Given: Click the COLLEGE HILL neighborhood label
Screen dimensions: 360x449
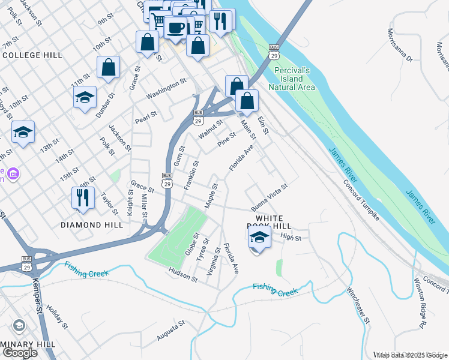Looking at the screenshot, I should (32, 55).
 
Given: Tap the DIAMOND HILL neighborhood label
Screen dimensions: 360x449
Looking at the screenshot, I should (92, 225).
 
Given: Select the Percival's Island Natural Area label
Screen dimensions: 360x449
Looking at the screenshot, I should (292, 79).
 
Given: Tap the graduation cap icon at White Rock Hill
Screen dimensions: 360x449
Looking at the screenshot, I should (259, 237).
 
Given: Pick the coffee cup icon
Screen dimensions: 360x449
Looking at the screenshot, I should (176, 27).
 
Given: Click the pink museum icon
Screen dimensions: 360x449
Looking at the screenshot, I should (13, 174).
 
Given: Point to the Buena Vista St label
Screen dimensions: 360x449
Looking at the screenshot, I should (270, 194).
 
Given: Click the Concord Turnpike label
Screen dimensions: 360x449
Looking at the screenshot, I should (361, 200).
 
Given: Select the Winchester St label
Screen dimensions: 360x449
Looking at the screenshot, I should (358, 305).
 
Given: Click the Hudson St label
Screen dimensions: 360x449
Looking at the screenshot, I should (182, 275).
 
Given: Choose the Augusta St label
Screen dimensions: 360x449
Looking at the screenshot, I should (170, 331).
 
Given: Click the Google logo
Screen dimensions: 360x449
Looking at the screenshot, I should (20, 353).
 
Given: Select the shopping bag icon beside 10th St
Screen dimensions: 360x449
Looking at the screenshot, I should (108, 68).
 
